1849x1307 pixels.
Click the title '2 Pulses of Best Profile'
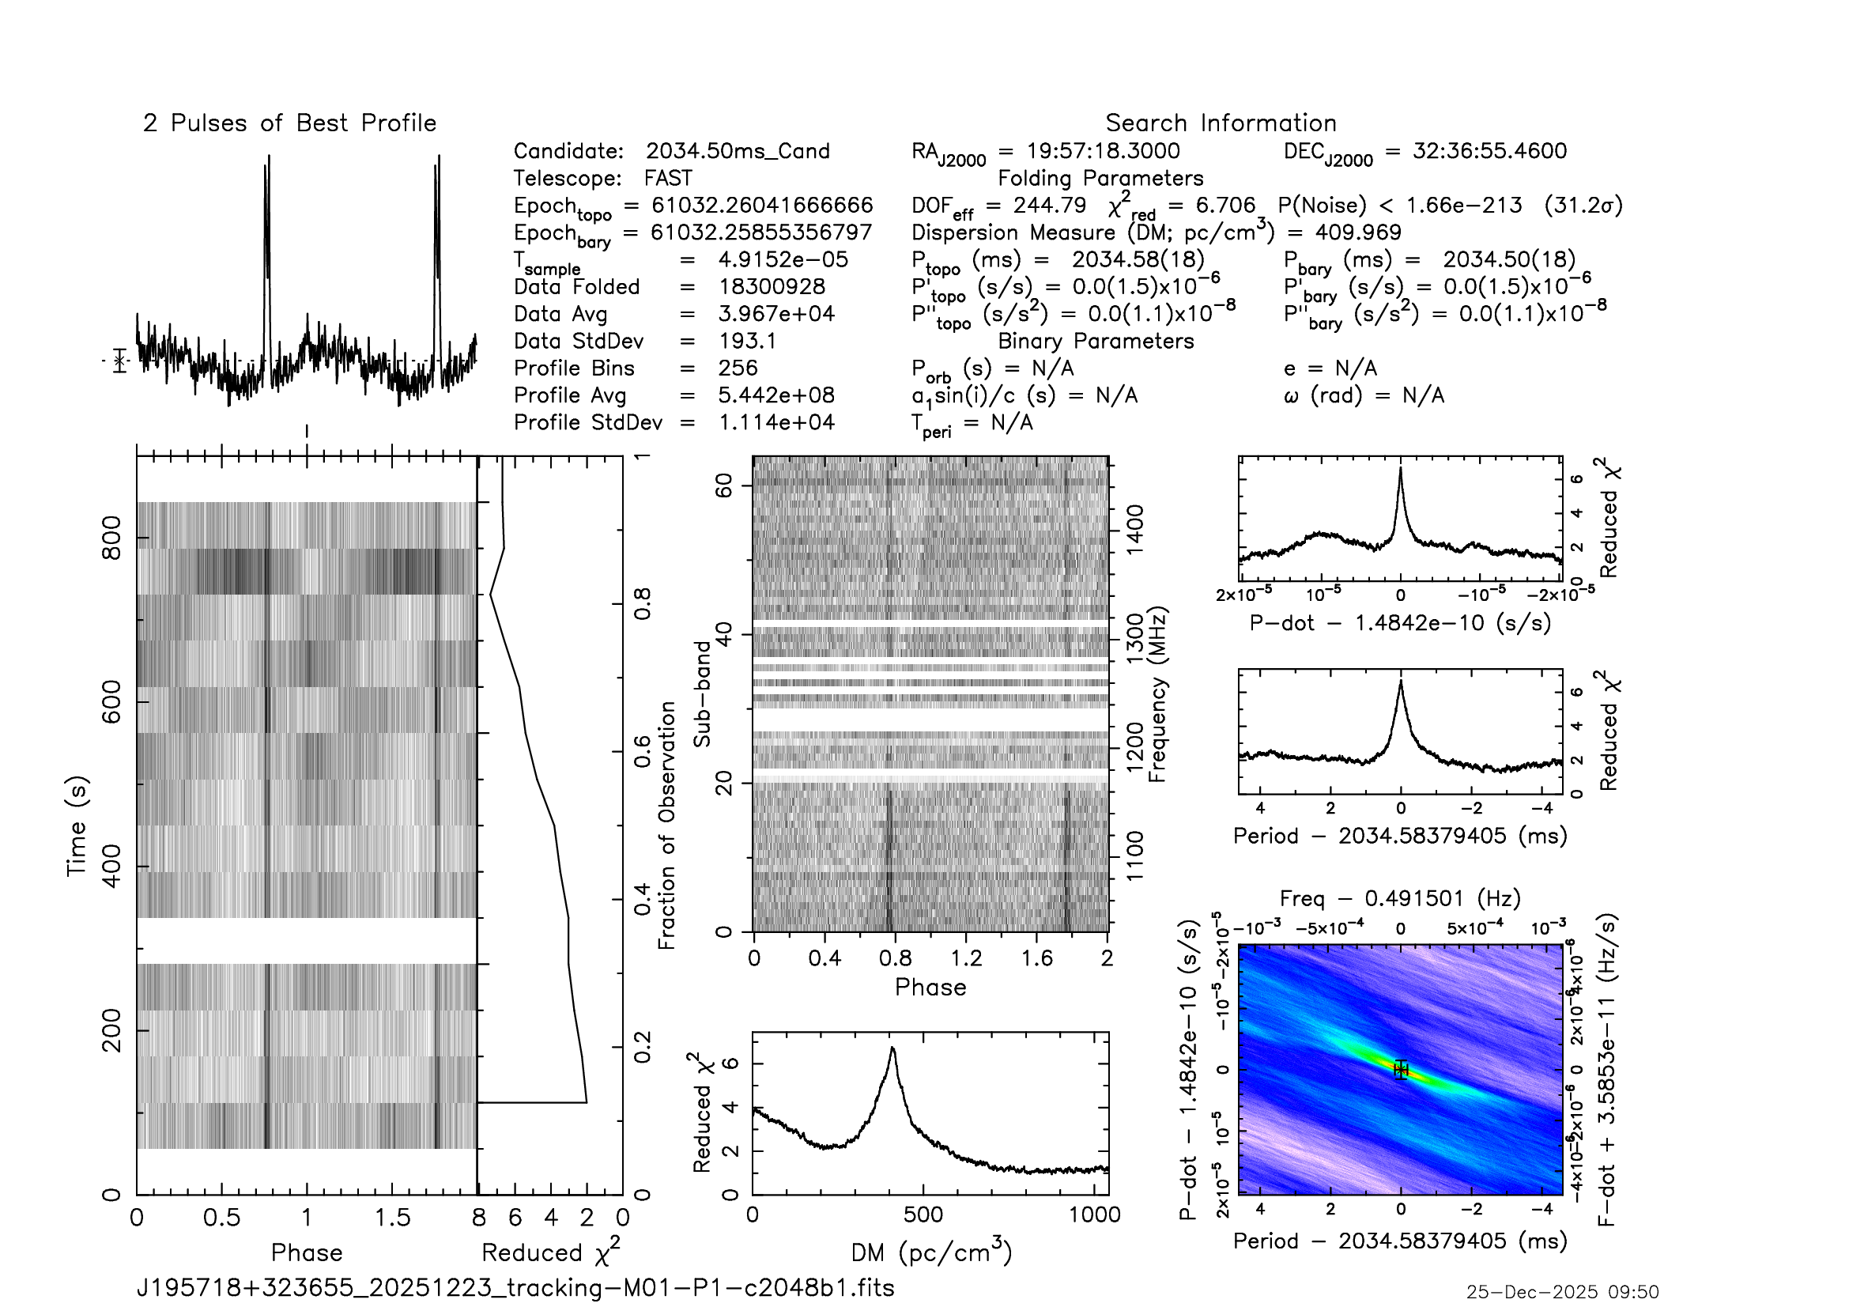point(289,123)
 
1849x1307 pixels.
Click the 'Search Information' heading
point(1220,123)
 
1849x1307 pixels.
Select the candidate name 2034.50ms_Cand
point(737,151)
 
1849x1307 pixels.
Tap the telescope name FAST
point(668,178)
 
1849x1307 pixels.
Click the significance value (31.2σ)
point(1583,206)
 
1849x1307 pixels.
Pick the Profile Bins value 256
point(738,368)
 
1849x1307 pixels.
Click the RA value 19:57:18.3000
point(1103,151)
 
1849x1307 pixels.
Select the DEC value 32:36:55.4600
point(1489,151)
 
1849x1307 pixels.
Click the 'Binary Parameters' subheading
point(1095,341)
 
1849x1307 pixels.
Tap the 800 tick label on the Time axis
point(111,538)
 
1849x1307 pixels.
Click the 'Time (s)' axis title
point(76,825)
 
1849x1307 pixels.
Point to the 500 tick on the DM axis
point(922,1214)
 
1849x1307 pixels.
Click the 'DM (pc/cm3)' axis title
point(931,1252)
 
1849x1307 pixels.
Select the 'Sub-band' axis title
point(702,693)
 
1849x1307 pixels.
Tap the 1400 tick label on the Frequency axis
point(1134,529)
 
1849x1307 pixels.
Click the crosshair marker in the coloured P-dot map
point(1401,1070)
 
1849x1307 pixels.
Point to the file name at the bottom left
point(515,1287)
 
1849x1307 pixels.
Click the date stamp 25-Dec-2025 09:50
point(1561,1292)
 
